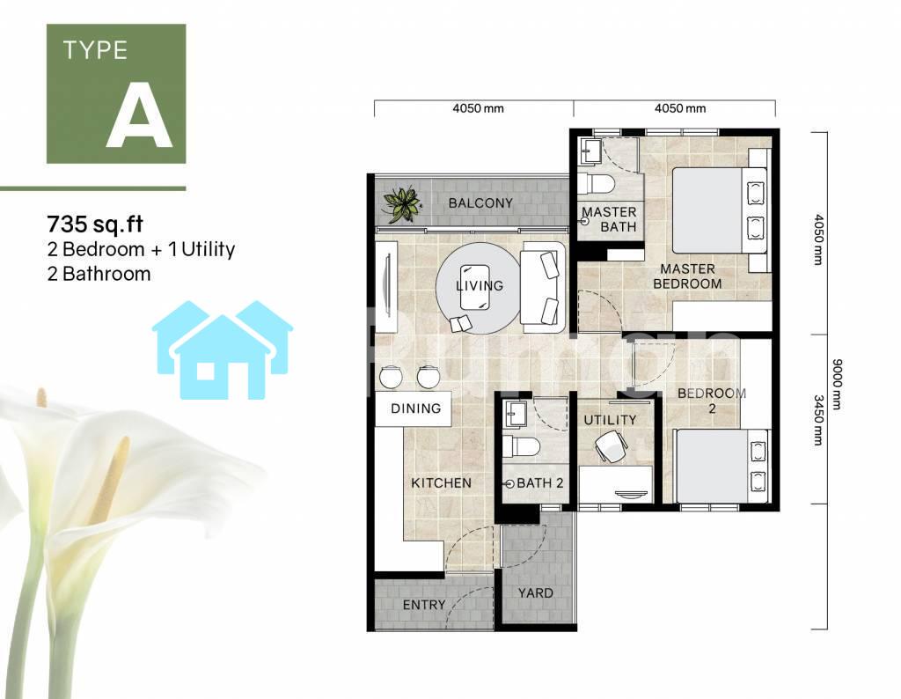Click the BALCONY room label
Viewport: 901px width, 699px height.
tap(480, 202)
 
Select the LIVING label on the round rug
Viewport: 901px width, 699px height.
tap(480, 286)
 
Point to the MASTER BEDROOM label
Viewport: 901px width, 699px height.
tap(687, 276)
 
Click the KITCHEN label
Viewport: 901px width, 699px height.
tap(442, 482)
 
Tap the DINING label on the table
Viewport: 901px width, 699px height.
tap(416, 408)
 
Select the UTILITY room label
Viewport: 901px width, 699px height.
tap(610, 420)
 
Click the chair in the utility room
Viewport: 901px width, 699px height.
tap(609, 446)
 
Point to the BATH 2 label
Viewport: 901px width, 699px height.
tap(540, 483)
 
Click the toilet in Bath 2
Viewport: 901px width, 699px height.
tap(521, 446)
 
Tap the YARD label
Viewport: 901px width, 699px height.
tap(536, 592)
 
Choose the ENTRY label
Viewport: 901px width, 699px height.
tap(424, 605)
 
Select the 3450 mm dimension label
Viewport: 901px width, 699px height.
tap(818, 420)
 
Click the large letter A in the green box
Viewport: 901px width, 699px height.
tap(140, 115)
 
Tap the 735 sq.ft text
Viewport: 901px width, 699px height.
tap(95, 224)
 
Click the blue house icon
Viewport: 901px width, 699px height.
tap(223, 349)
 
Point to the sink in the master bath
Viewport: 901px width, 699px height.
tap(590, 151)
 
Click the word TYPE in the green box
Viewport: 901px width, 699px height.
tap(95, 50)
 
